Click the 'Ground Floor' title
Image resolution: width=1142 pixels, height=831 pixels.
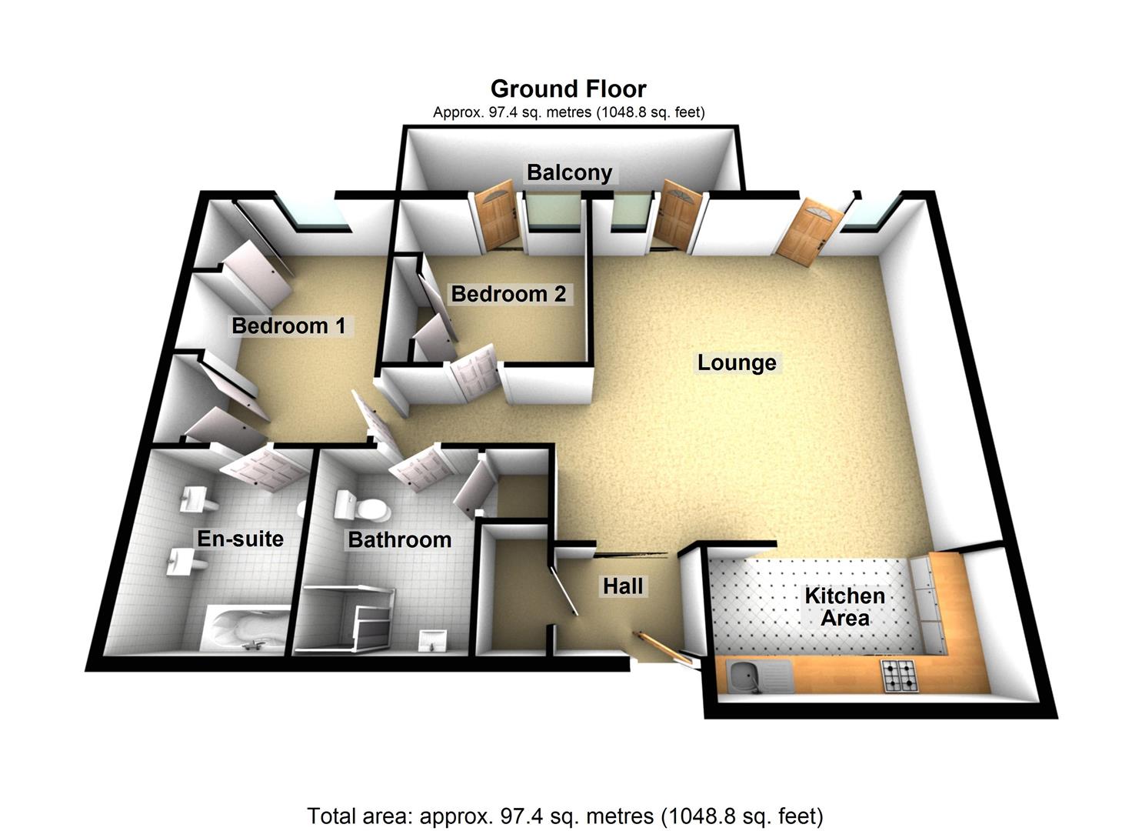coord(568,88)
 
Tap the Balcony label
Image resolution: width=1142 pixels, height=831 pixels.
coord(569,172)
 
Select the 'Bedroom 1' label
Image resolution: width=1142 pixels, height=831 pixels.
coord(288,325)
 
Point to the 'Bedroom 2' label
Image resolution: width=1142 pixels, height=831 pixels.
coord(508,294)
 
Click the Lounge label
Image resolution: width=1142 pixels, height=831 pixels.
coord(737,362)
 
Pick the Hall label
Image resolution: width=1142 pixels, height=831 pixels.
coord(622,586)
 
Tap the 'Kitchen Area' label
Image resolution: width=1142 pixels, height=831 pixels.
coord(844,607)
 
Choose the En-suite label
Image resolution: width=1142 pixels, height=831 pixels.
coord(240,539)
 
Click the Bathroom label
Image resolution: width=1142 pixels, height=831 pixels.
coord(399,540)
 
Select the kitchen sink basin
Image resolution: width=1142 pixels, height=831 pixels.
coord(744,677)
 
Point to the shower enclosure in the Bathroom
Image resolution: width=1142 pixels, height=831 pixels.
coord(350,616)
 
